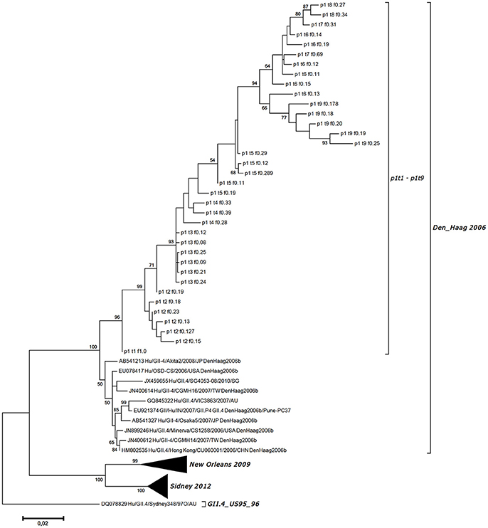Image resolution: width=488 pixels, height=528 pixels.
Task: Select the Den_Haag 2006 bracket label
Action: point(457,226)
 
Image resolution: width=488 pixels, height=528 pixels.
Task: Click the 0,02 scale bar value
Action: point(43,522)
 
